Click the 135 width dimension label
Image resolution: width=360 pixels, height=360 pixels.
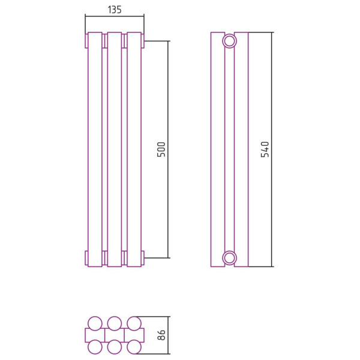pos(115,10)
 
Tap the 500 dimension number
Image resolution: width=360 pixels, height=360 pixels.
pos(161,149)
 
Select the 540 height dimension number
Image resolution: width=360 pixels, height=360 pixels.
pos(265,149)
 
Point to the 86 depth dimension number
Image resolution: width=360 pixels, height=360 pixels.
pos(161,335)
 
